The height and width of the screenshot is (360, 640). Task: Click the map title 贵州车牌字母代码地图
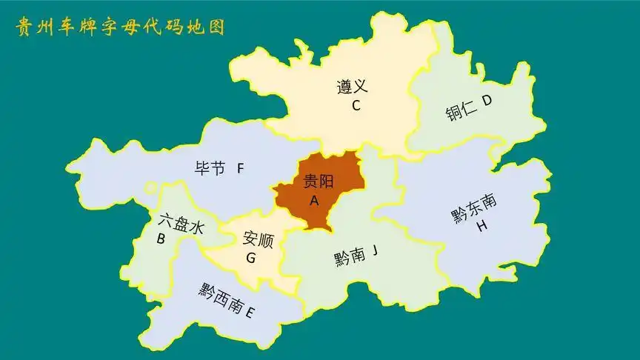click(x=120, y=27)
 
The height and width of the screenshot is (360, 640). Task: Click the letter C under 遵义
click(x=356, y=105)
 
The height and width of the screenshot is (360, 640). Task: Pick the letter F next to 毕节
click(x=240, y=168)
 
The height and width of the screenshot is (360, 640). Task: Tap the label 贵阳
click(x=319, y=181)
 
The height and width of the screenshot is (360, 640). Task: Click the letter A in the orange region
click(x=314, y=201)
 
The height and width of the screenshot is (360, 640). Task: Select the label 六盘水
click(x=181, y=224)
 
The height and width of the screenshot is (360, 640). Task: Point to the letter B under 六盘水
click(x=160, y=239)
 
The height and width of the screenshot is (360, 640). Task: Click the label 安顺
click(x=258, y=240)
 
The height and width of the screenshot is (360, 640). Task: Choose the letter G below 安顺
click(x=250, y=259)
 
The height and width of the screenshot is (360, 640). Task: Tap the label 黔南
click(x=349, y=257)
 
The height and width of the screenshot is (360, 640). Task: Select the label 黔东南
click(x=474, y=208)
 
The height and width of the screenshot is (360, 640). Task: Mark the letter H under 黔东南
click(x=482, y=226)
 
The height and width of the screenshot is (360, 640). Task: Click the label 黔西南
click(x=221, y=299)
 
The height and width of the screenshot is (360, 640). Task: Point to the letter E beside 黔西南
click(x=250, y=313)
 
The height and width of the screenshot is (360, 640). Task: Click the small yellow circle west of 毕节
click(x=150, y=188)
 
